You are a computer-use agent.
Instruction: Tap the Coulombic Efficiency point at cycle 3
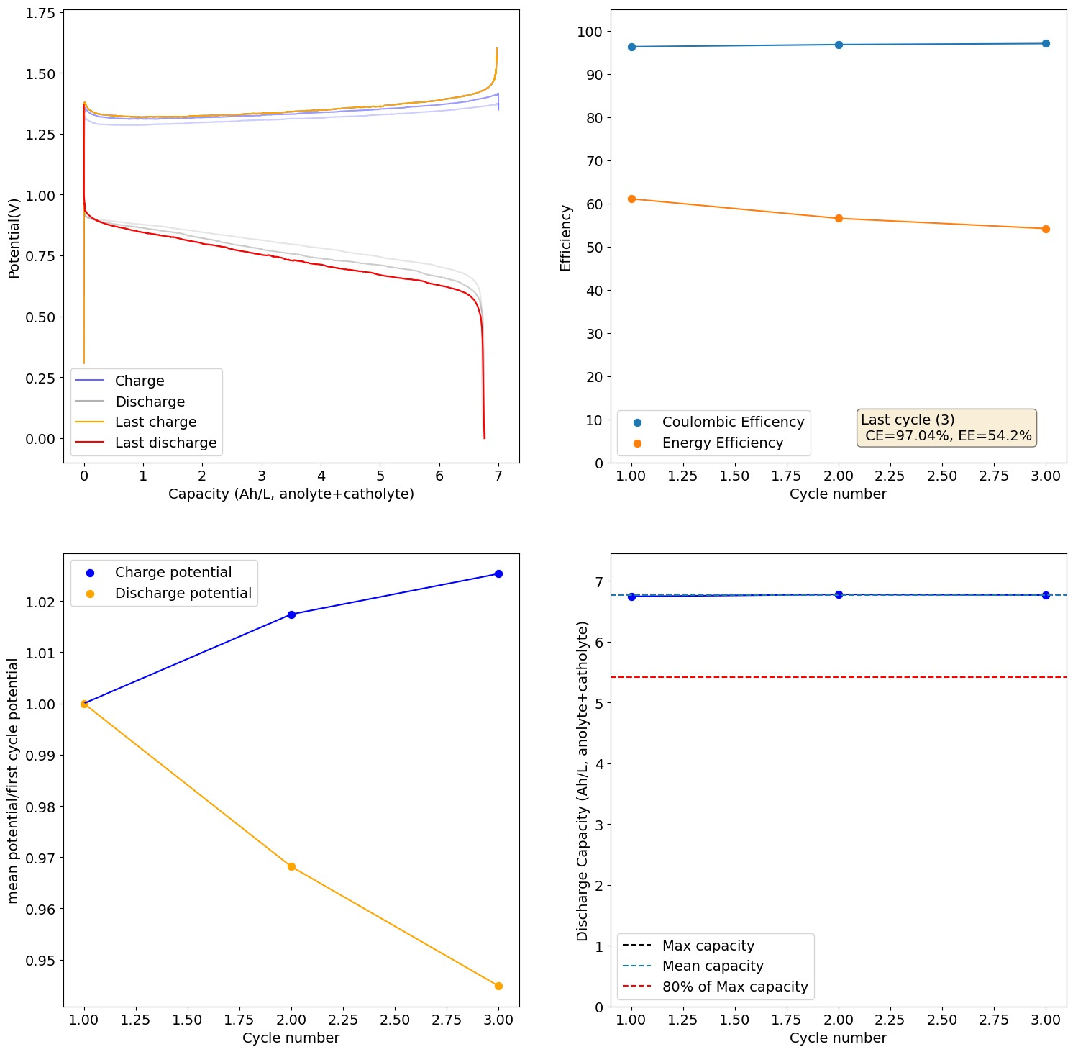(1046, 44)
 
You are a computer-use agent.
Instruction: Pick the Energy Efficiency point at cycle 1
(631, 199)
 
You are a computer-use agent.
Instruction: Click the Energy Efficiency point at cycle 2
(839, 218)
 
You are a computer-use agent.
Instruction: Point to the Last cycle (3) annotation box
(946, 428)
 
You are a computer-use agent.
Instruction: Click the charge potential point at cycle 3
(498, 573)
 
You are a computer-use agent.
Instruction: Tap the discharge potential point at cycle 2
(291, 866)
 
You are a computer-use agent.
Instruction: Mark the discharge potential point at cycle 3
(498, 986)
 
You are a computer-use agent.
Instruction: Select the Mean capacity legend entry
(712, 966)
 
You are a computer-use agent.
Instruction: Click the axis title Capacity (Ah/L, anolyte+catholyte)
(291, 494)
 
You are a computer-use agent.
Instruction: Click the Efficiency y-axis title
(566, 237)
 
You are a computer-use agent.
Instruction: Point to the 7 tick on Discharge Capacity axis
(599, 581)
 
